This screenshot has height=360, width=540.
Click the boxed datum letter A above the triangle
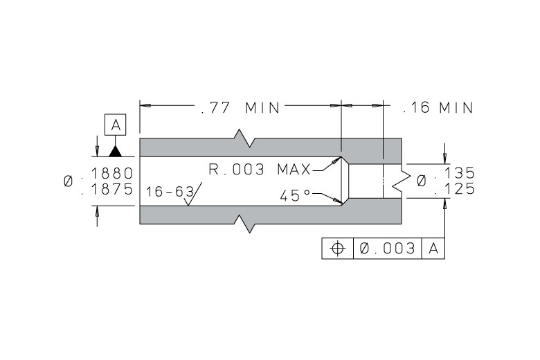pos(116,125)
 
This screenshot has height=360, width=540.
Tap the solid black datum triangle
pos(116,152)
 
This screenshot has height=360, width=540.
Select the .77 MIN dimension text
pos(240,108)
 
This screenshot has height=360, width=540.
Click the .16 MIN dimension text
pos(438,108)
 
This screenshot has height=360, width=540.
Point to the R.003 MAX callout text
pos(260,170)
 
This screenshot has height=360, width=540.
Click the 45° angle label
pos(295,196)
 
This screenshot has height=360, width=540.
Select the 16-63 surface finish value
pos(170,192)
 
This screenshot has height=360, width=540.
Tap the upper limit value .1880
pos(107,173)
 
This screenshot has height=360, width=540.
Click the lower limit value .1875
pos(107,189)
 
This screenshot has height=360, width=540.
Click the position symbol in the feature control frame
pos(338,249)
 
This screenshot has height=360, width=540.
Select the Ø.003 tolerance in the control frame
pos(388,249)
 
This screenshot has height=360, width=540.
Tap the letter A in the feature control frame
pos(433,249)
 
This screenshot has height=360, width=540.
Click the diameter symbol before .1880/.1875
pos(69,181)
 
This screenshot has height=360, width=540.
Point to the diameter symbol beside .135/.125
pos(422,181)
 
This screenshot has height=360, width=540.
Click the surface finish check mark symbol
pos(193,195)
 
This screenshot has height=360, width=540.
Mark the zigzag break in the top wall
pos(244,138)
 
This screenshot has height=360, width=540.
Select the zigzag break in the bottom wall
pos(244,224)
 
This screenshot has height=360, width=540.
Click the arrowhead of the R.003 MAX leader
pos(337,161)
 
